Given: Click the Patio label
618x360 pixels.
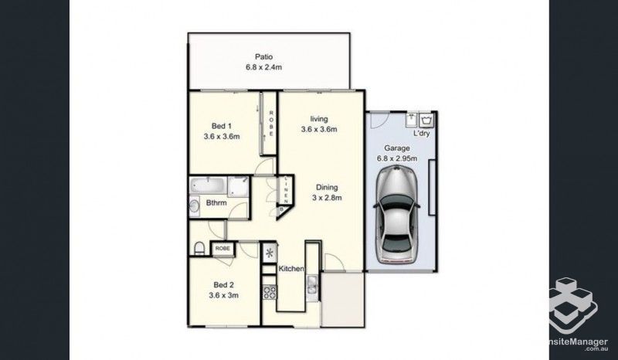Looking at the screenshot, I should click(266, 56).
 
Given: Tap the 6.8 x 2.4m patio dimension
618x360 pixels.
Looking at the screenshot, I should click(266, 67).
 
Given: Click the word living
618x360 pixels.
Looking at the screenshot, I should click(319, 118).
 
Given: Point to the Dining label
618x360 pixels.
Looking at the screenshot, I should click(326, 185).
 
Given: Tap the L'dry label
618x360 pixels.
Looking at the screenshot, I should click(421, 134).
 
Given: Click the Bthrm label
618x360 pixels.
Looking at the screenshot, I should click(216, 203).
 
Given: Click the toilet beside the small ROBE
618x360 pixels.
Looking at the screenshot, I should click(199, 247).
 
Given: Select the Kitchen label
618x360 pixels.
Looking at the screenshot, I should click(292, 268).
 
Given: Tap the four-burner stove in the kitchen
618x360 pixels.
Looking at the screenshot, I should click(270, 292).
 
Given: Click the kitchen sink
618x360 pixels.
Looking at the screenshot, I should click(311, 289).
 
